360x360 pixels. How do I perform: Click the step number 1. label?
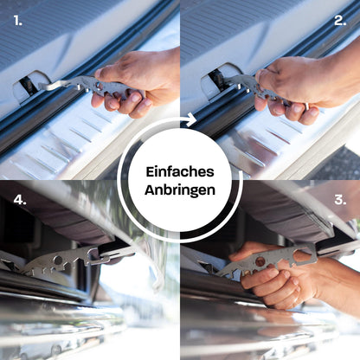(x=18, y=21)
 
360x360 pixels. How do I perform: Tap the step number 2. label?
(x=340, y=21)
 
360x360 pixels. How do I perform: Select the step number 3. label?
(x=340, y=200)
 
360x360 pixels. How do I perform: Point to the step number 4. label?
(x=20, y=200)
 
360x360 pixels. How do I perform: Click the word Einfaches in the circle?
(x=180, y=172)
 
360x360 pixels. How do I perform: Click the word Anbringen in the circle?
(x=180, y=190)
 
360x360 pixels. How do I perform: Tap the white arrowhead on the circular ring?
(x=191, y=119)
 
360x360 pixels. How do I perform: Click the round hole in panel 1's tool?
(x=99, y=86)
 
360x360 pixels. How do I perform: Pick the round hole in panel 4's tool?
(x=58, y=260)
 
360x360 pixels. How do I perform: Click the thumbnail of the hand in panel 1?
(x=99, y=74)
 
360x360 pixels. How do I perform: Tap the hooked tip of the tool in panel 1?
(x=43, y=86)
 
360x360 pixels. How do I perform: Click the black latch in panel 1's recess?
(x=28, y=84)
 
